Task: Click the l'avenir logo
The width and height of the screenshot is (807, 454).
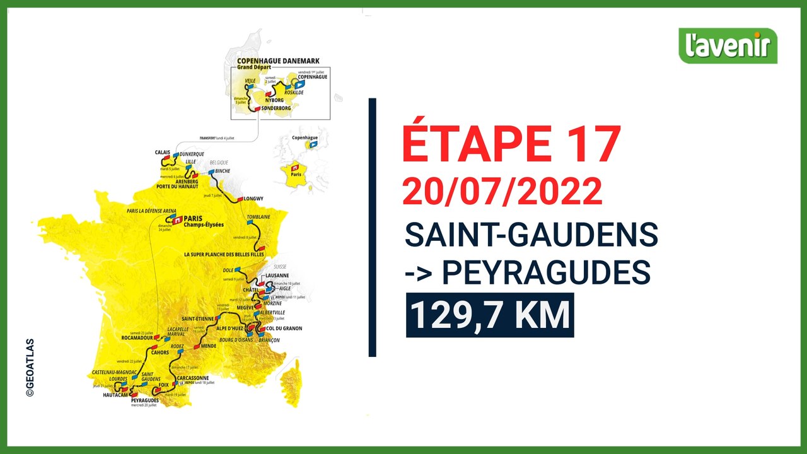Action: (x=728, y=45)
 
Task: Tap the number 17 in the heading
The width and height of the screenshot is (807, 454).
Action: (x=591, y=144)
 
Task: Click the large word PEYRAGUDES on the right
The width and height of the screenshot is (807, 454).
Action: (x=546, y=273)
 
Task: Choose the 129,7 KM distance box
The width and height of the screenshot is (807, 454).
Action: (x=490, y=315)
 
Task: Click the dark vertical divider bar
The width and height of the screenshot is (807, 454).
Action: (x=372, y=227)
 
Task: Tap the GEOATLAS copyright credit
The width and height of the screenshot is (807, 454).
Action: (x=30, y=368)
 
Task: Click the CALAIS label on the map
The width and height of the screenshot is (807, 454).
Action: (x=162, y=152)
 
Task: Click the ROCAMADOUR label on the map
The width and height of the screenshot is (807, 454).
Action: (x=139, y=337)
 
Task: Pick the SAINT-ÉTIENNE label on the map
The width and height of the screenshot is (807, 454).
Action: (x=195, y=318)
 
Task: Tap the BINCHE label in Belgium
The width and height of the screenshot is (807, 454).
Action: (x=222, y=171)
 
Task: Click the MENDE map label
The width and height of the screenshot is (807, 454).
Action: (x=209, y=346)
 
